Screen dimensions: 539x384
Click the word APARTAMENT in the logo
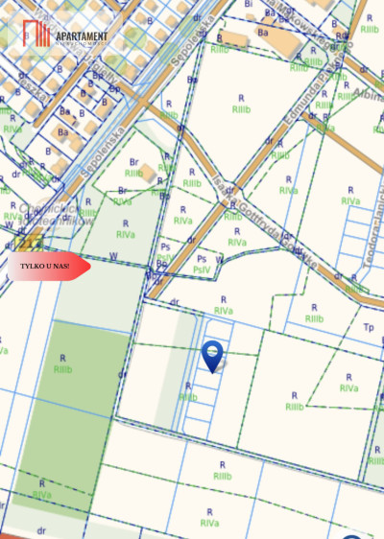coord(82,35)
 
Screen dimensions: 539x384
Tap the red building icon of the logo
coord(36,33)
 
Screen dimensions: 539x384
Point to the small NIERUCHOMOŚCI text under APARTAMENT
coord(82,43)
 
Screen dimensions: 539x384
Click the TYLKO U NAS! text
coord(44,266)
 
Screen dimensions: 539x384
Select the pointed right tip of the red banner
coord(89,267)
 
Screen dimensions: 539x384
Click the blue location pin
coord(212,355)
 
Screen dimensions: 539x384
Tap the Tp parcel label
coord(368,327)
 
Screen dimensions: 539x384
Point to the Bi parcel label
coord(249,4)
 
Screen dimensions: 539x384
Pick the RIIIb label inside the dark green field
coord(63,369)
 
